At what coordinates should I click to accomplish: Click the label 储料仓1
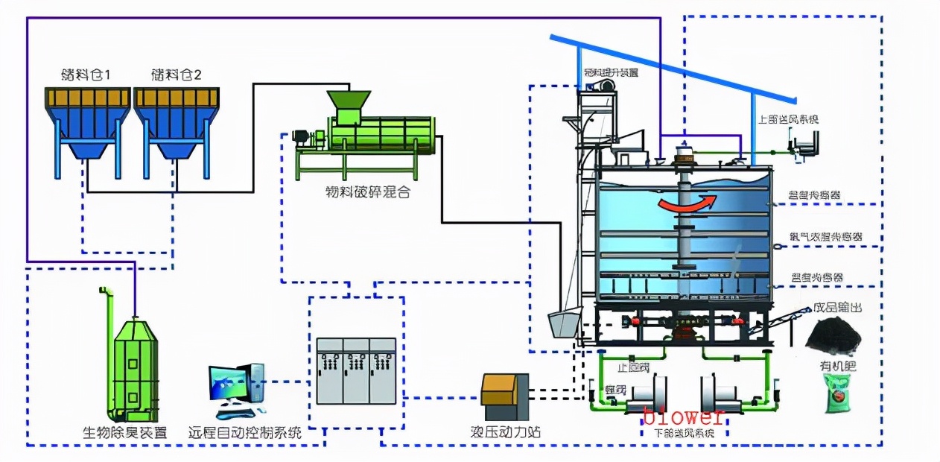click(x=86, y=75)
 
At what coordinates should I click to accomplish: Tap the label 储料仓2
click(x=177, y=75)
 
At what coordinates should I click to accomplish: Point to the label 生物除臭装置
click(x=124, y=432)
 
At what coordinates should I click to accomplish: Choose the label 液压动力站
click(x=506, y=432)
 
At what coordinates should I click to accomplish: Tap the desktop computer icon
click(x=236, y=389)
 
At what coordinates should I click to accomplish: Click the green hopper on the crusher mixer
click(x=349, y=104)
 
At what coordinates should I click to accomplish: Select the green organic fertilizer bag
click(x=840, y=393)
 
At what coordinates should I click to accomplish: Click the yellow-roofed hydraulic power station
click(x=505, y=395)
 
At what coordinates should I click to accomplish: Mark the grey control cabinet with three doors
click(x=356, y=370)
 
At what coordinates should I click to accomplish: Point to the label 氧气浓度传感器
click(x=827, y=237)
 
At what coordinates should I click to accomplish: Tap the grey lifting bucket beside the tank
click(x=564, y=323)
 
